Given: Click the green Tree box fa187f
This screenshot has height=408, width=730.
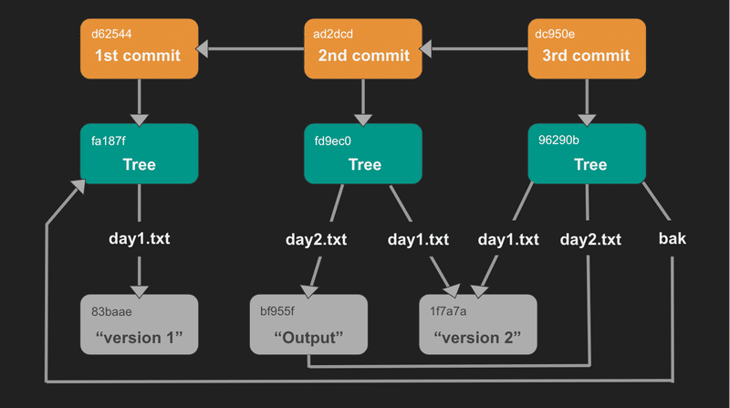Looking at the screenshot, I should click(x=139, y=153).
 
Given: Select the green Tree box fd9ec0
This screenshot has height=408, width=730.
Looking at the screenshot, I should click(x=364, y=153).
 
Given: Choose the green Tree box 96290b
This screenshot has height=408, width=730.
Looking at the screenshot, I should click(x=587, y=153).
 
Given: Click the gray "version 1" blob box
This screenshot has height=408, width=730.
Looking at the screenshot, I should click(x=139, y=325).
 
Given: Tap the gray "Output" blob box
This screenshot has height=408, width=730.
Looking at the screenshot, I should click(x=308, y=325).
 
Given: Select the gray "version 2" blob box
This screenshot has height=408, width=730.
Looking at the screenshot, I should click(x=478, y=325).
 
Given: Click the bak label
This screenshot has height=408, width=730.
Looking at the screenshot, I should click(x=673, y=240).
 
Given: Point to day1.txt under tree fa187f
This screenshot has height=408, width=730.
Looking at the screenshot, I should click(x=139, y=240).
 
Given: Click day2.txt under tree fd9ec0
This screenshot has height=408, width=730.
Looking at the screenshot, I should click(x=316, y=240).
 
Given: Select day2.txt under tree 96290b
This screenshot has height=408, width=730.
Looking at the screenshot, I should click(x=590, y=240).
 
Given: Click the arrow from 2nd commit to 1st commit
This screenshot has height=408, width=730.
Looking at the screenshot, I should click(x=251, y=48).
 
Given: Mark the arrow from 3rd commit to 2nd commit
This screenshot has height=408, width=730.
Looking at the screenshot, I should click(x=475, y=48).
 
